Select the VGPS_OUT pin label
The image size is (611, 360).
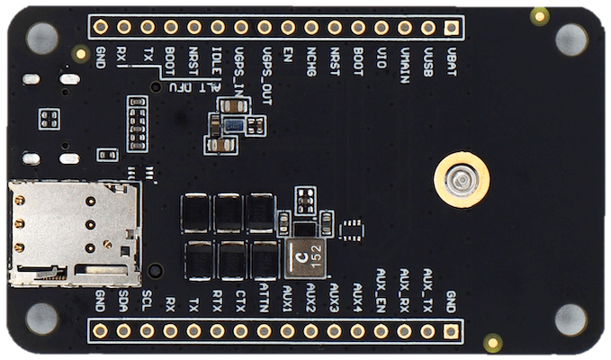[x=263, y=64]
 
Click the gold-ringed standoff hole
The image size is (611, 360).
[x=460, y=180]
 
